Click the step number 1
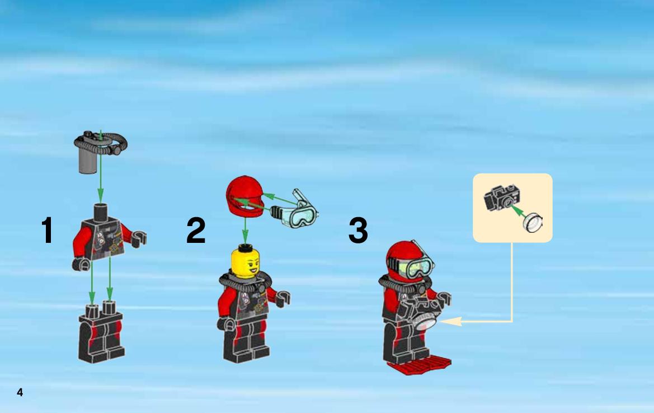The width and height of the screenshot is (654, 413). click(x=47, y=230)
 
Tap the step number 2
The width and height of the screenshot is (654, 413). click(x=196, y=230)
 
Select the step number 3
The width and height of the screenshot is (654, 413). click(x=358, y=230)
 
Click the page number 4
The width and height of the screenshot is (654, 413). click(x=20, y=392)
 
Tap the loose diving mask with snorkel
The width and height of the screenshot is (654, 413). click(x=294, y=210)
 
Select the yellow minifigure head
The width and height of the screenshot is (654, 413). click(x=245, y=261)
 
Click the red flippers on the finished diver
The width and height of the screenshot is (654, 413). click(x=419, y=365)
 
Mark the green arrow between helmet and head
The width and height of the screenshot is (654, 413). click(x=245, y=230)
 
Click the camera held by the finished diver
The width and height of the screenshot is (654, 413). click(x=421, y=313)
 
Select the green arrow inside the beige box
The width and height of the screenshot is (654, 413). click(x=517, y=210)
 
